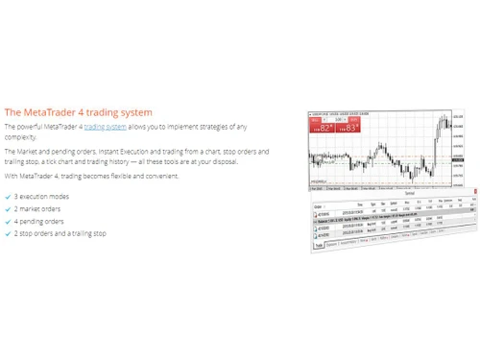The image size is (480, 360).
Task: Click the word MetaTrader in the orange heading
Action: [47, 111]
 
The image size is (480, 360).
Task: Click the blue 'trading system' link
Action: [105, 127]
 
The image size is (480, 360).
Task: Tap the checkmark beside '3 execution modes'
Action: [8, 196]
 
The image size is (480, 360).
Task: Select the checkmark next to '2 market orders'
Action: [8, 208]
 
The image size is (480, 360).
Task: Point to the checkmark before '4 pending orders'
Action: [8, 221]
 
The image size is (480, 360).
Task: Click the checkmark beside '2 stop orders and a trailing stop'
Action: [8, 233]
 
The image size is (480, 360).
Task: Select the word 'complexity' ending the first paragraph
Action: [22, 136]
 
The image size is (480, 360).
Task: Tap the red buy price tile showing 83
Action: [348, 127]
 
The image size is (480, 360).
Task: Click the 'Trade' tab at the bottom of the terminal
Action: [319, 245]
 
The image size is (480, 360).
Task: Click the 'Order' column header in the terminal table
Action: [318, 204]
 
